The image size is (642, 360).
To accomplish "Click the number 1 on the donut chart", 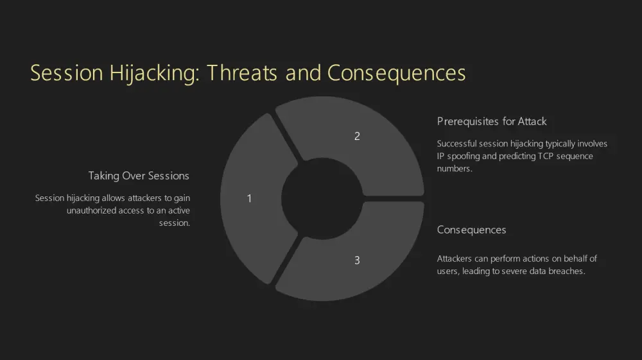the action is (x=249, y=198).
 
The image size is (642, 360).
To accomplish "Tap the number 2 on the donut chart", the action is (x=357, y=136).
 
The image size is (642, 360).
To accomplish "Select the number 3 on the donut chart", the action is (x=357, y=260).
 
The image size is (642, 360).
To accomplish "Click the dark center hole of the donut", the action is (x=322, y=199).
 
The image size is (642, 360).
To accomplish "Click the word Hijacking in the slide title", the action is (x=154, y=74).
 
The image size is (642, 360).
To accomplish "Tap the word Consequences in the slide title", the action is (x=396, y=73).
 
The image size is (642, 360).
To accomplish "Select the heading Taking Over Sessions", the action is (x=139, y=176).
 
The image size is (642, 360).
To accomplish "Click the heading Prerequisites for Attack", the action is (x=492, y=121).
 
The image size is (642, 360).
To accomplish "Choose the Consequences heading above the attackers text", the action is (x=471, y=230).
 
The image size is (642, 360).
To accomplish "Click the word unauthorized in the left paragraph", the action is (x=91, y=210).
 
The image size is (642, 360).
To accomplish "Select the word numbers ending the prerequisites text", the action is (x=455, y=169).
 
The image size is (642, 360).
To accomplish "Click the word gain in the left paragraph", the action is (x=182, y=198).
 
